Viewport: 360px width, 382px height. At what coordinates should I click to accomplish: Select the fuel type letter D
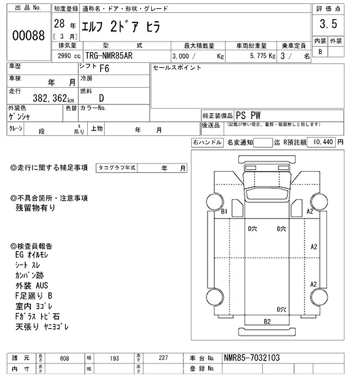102,97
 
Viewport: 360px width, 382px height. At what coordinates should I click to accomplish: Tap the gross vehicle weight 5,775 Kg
263,57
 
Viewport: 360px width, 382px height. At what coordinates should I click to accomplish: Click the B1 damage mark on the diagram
223,211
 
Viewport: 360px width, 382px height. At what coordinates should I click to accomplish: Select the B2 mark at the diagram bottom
268,321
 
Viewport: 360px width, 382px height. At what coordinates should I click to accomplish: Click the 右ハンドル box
207,143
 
